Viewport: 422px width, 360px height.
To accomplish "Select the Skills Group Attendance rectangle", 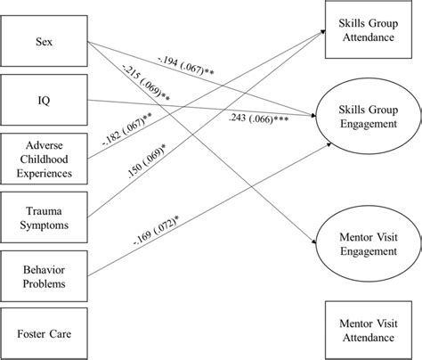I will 367,33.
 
